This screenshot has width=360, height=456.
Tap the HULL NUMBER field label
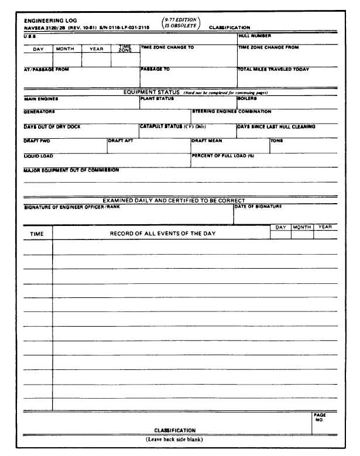(255, 36)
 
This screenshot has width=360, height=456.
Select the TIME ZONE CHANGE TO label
(167, 47)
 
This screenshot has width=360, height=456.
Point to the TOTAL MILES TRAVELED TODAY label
(273, 69)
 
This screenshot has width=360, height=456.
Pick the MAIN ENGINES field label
(41, 99)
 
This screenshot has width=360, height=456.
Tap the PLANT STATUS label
(157, 99)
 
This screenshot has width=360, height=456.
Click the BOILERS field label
(247, 99)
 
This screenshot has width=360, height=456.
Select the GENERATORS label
(39, 111)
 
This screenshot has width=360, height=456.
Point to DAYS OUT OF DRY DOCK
(52, 126)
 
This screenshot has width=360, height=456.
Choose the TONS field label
(276, 141)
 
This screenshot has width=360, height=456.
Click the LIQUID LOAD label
(38, 156)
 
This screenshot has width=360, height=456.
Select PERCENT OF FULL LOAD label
(222, 156)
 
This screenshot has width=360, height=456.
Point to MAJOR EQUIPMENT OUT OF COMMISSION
(71, 170)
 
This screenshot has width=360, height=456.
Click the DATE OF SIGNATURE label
(258, 206)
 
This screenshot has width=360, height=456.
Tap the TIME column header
(36, 234)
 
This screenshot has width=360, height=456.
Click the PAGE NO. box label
(319, 417)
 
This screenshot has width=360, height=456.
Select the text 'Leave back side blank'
(175, 440)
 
